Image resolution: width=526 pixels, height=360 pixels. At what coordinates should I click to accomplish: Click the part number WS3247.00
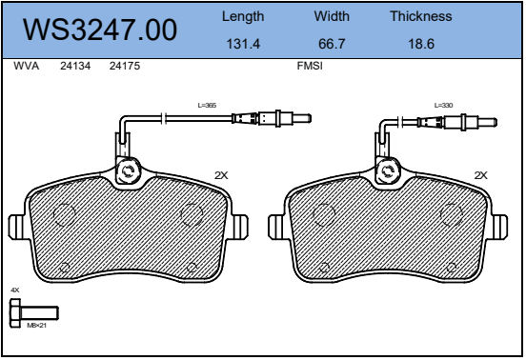pyautogui.click(x=100, y=30)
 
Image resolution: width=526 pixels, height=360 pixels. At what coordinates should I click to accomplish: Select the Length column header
pyautogui.click(x=243, y=17)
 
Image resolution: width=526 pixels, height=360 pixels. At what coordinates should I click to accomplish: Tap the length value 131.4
pyautogui.click(x=243, y=44)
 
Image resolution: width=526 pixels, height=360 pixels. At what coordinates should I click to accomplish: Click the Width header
pyautogui.click(x=332, y=16)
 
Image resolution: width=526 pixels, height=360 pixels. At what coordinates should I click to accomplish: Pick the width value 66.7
pyautogui.click(x=332, y=44)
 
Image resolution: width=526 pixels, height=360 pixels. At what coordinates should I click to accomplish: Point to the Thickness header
pyautogui.click(x=421, y=16)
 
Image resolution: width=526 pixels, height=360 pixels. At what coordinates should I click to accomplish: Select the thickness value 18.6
pyautogui.click(x=421, y=44)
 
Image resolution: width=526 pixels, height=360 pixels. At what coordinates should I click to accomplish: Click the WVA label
pyautogui.click(x=26, y=66)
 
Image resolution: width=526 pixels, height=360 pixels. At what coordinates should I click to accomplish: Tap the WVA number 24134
pyautogui.click(x=75, y=66)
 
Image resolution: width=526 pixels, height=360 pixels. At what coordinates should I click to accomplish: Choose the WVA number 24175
pyautogui.click(x=125, y=66)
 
